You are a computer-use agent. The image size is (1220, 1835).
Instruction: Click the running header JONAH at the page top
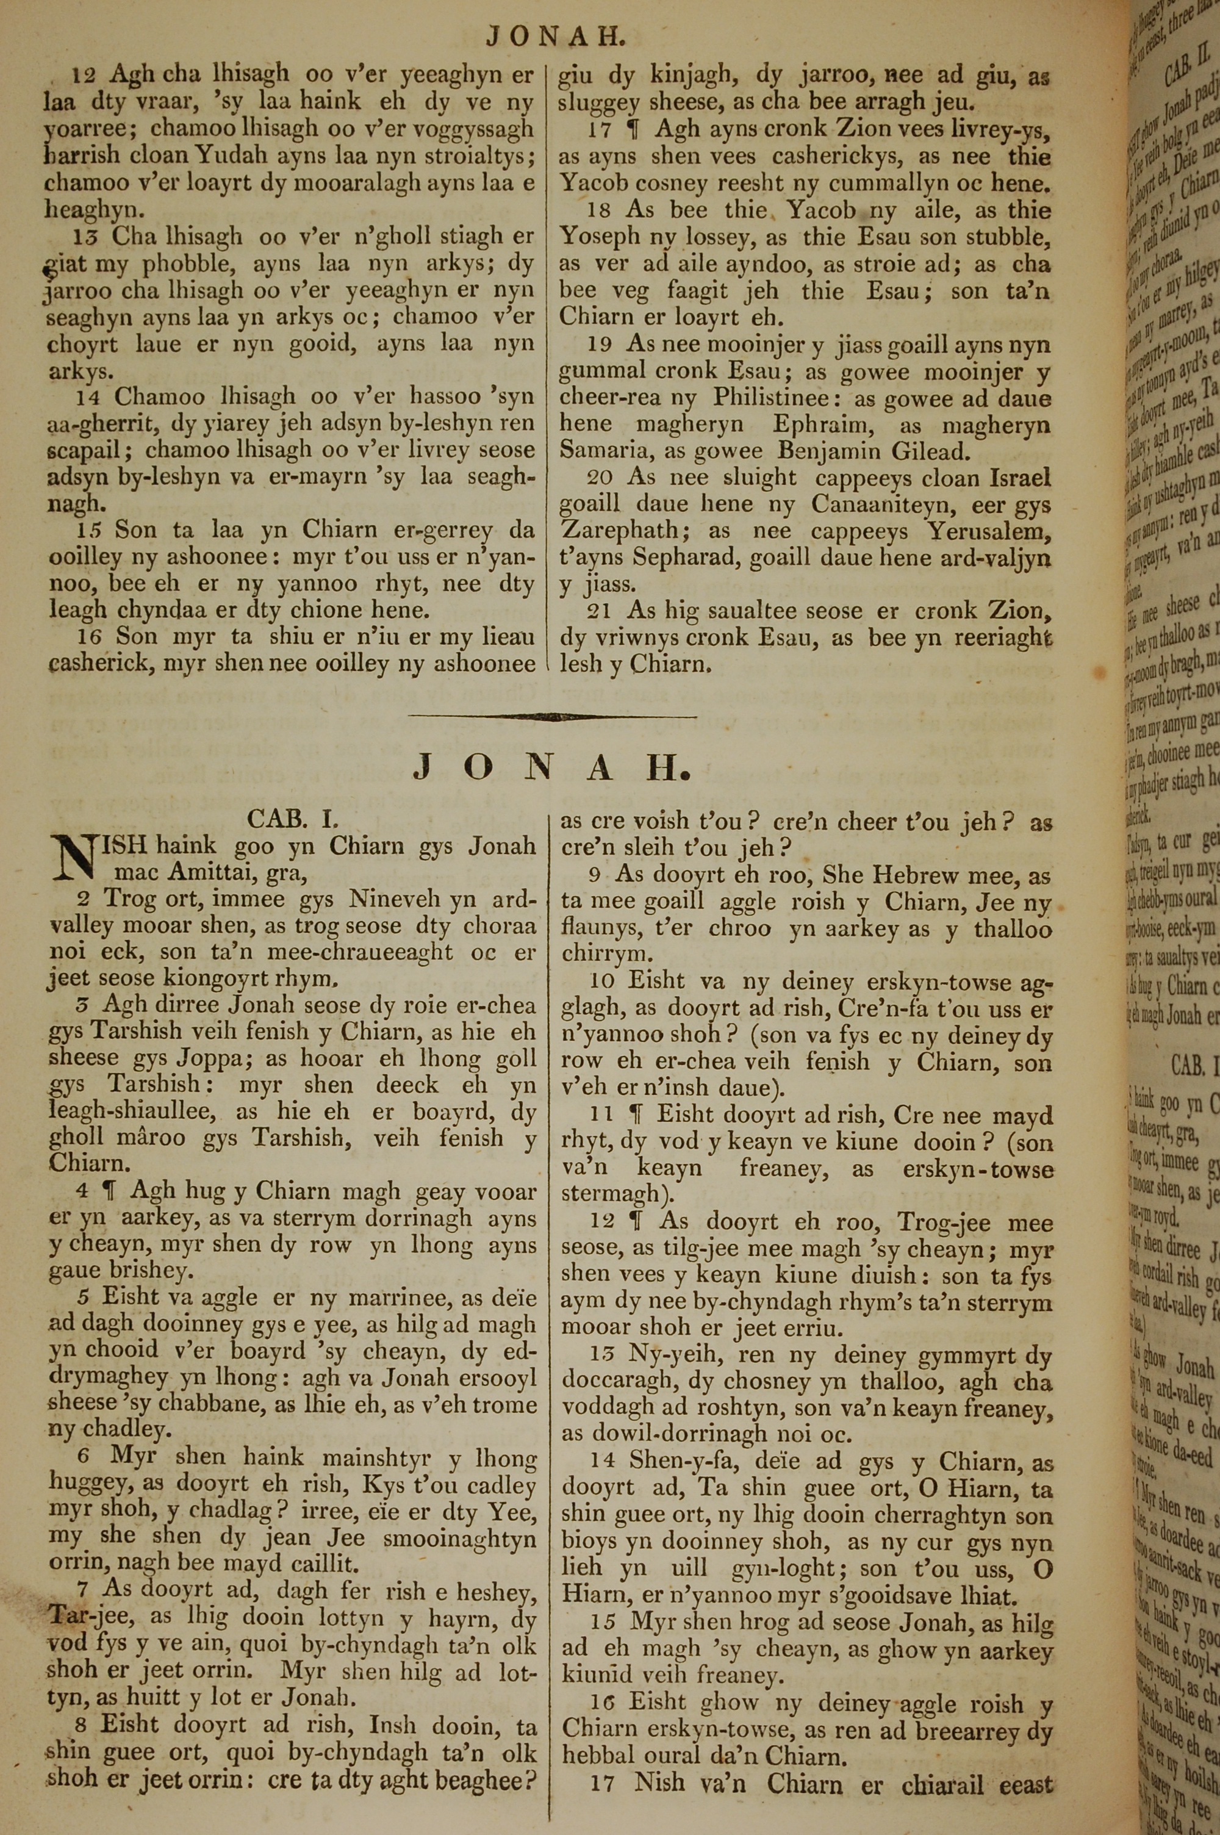coord(554,37)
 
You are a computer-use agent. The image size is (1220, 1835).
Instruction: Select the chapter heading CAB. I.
coord(293,818)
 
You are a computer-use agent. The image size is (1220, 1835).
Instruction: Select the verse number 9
coord(594,854)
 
